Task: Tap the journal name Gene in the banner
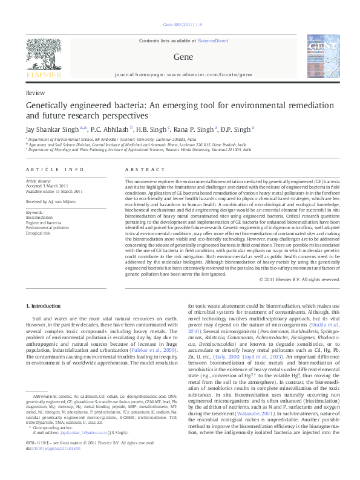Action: point(179,57)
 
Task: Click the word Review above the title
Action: point(35,92)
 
